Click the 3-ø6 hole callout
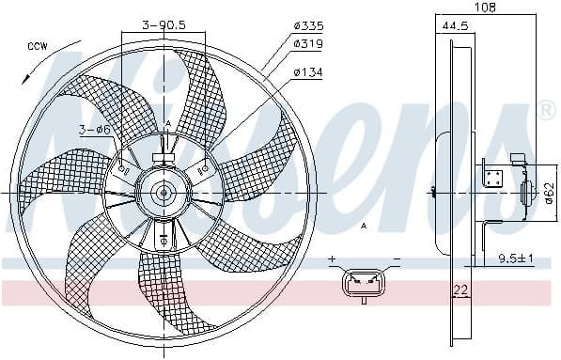(x=93, y=129)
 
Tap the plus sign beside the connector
(x=332, y=258)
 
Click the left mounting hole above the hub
(x=123, y=169)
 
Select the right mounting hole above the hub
(x=205, y=169)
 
